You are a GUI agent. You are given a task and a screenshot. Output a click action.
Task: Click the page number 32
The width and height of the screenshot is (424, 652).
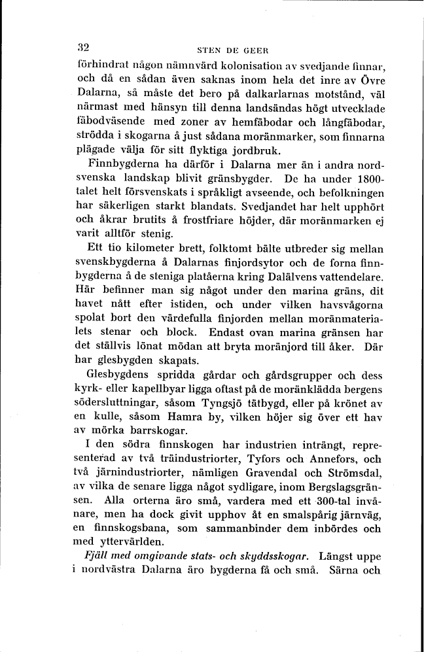point(82,48)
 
